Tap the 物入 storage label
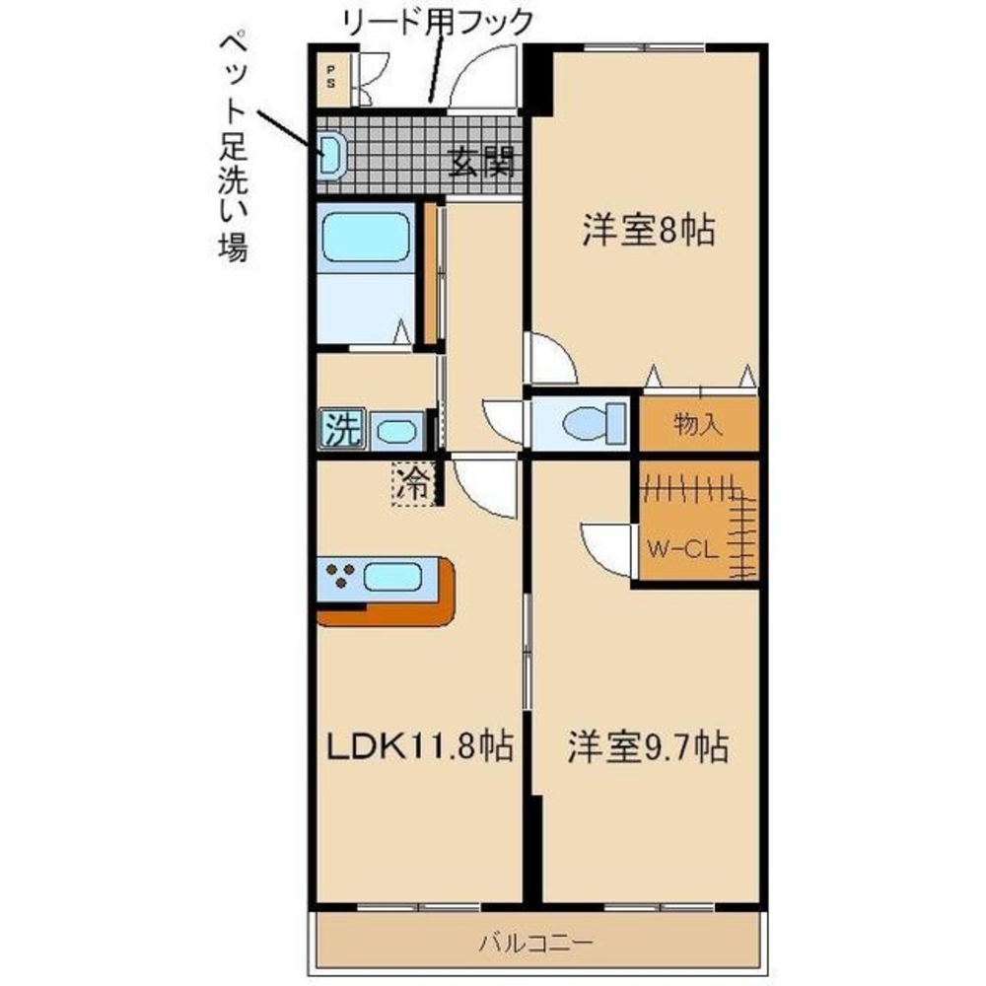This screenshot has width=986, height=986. coord(698,424)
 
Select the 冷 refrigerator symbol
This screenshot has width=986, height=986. coord(413,483)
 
